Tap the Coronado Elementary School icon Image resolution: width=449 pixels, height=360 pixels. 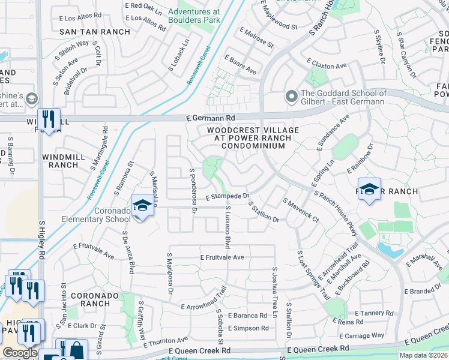(142, 205)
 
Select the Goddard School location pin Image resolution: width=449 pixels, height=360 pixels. (292, 97)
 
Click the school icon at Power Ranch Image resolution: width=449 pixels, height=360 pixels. (369, 190)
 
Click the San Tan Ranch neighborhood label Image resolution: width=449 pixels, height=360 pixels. (95, 32)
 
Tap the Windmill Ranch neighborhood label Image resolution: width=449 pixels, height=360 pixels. (60, 161)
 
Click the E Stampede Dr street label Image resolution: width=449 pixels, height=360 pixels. (228, 196)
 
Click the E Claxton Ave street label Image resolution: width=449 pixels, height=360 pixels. (327, 63)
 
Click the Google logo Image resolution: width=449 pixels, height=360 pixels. (20, 353)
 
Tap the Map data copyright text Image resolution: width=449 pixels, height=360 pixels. (424, 355)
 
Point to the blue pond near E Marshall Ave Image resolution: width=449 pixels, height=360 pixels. (390, 250)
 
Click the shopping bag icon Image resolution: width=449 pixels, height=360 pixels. (76, 350)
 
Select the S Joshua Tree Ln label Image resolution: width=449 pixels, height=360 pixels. (274, 292)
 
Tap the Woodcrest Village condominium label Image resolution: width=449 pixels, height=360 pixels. (249, 138)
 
